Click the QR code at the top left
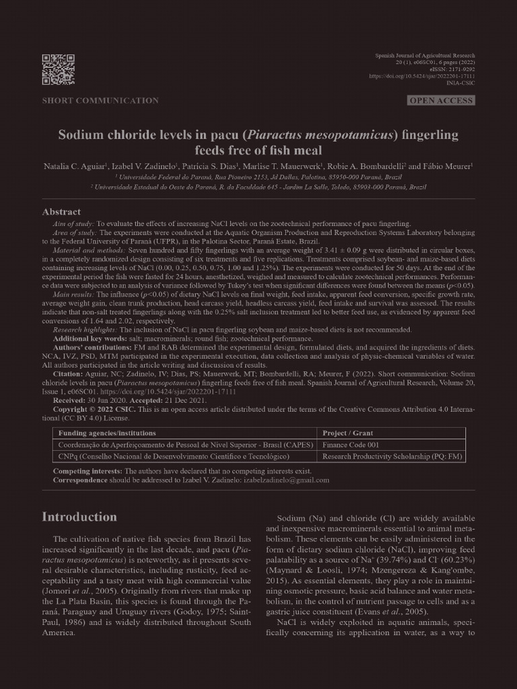pyautogui.click(x=58, y=69)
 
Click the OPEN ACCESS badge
pyautogui.click(x=441, y=101)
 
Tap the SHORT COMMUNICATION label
pyautogui.click(x=100, y=101)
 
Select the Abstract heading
pyautogui.click(x=61, y=212)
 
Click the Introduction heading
pyautogui.click(x=79, y=517)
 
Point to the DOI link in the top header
pyautogui.click(x=422, y=76)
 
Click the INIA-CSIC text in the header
pyautogui.click(x=460, y=83)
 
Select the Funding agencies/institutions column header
pyautogui.click(x=107, y=433)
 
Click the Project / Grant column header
pyautogui.click(x=347, y=433)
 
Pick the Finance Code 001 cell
pyautogui.click(x=351, y=445)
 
